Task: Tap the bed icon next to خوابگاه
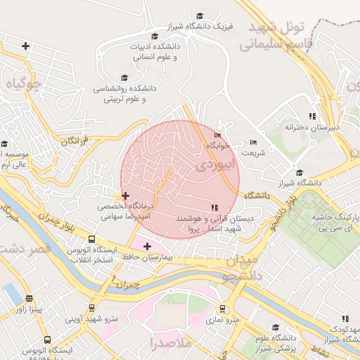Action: pos(217,135)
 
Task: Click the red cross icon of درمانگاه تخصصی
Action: pos(125,195)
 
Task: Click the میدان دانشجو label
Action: pos(243,268)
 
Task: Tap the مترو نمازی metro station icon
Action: pos(223,309)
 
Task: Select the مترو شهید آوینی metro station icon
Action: pos(91,308)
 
